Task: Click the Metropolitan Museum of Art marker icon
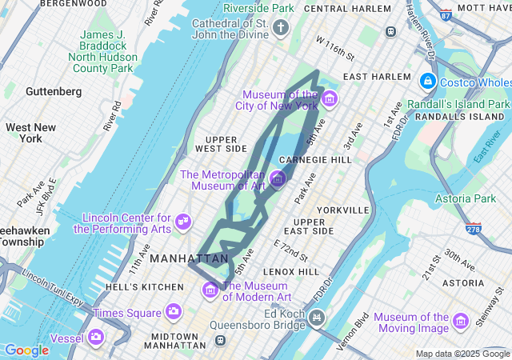click(x=278, y=179)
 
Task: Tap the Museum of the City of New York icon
click(x=330, y=99)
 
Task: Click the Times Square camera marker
click(x=174, y=312)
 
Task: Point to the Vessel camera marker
click(x=96, y=338)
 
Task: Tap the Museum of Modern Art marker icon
click(x=210, y=290)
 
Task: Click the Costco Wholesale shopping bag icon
click(x=428, y=82)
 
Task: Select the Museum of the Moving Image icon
click(x=460, y=322)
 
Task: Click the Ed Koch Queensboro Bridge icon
click(x=318, y=319)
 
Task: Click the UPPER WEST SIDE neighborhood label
click(x=221, y=144)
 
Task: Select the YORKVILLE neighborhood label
click(x=342, y=210)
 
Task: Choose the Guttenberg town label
click(x=53, y=92)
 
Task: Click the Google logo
click(x=26, y=350)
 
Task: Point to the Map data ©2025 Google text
click(x=462, y=354)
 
